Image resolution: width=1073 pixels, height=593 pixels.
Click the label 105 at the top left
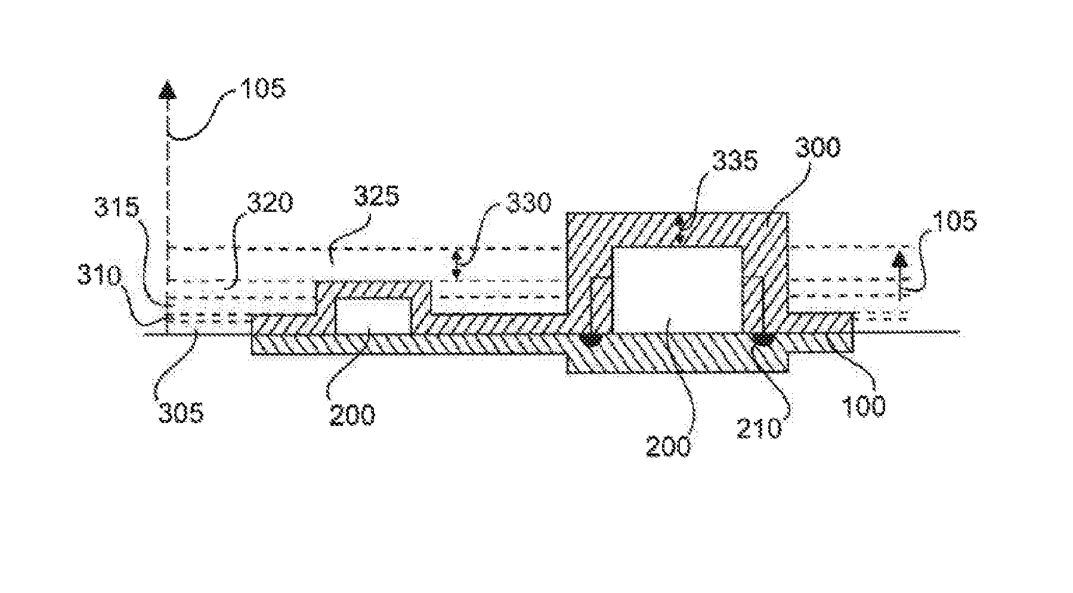coord(263,89)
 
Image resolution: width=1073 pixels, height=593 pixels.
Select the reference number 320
coord(270,203)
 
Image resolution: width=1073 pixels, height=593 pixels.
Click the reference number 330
coord(527,204)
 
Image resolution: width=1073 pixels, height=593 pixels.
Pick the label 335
coord(735,160)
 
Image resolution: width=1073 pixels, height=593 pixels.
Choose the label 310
coord(98,276)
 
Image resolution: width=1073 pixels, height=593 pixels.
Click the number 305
coord(181,412)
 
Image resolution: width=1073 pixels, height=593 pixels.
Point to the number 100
coord(863,406)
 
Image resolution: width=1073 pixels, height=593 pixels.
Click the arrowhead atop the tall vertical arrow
coord(168,91)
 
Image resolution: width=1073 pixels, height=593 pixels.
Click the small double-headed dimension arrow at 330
coord(457,265)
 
